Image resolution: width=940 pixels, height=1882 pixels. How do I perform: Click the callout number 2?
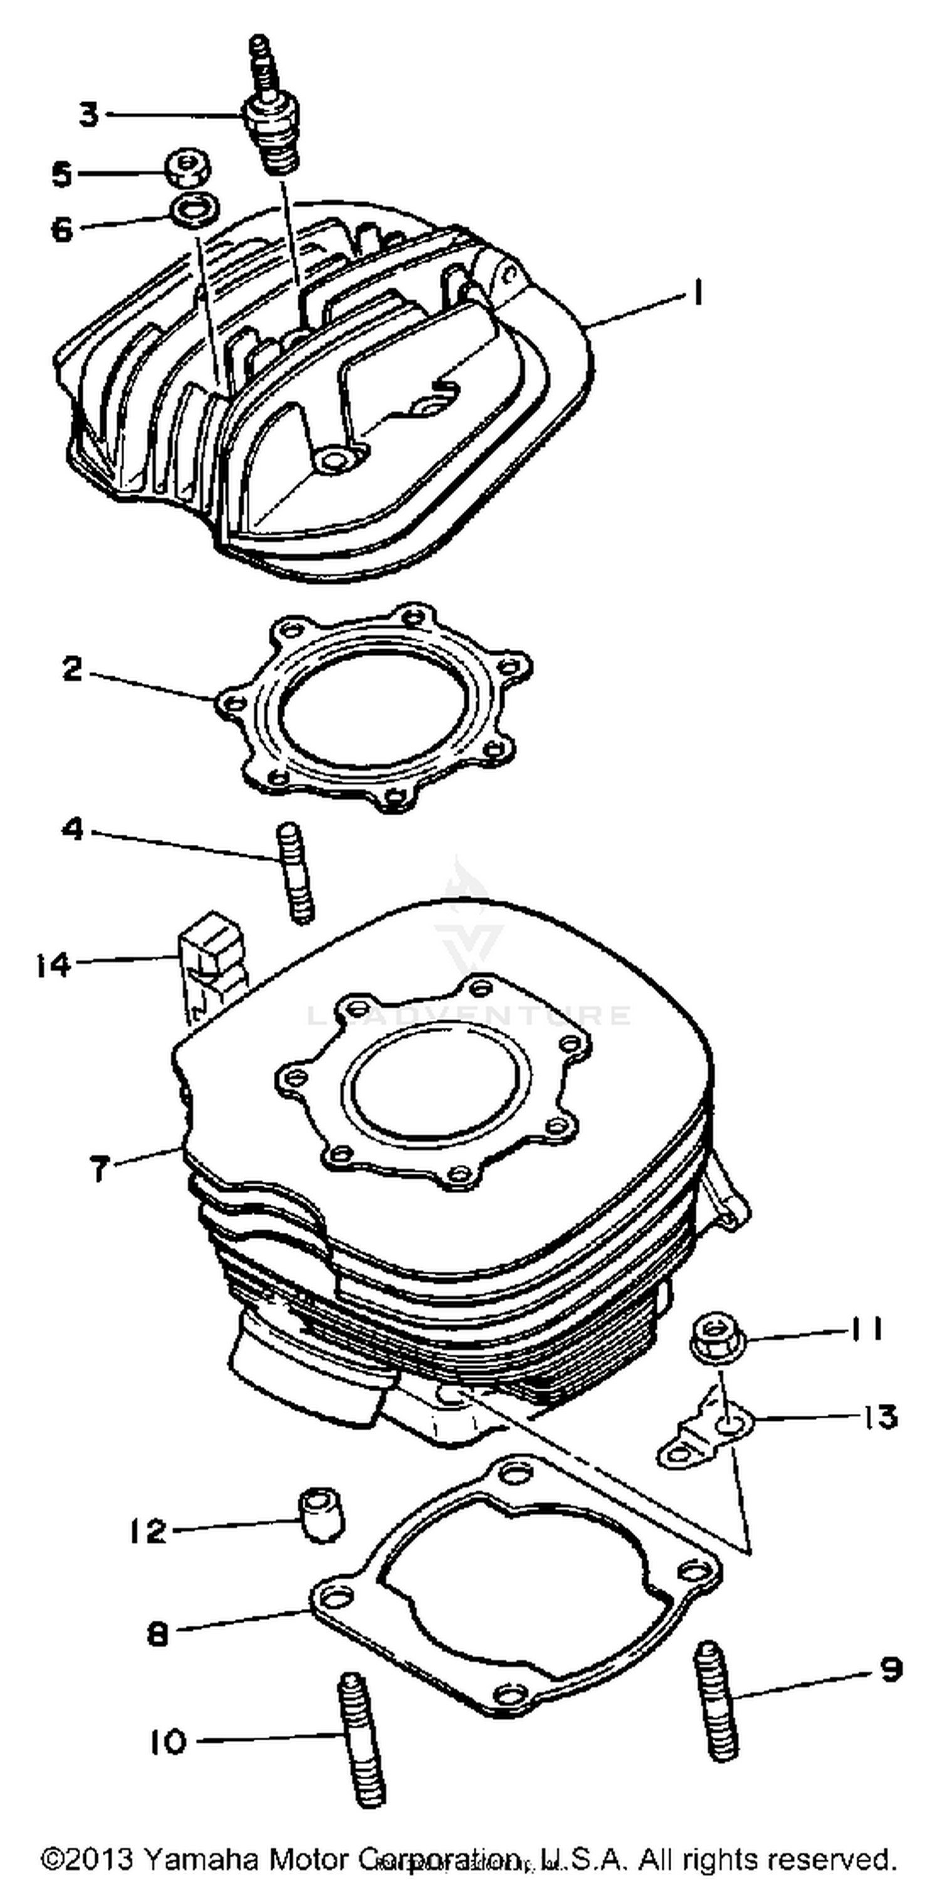point(72,668)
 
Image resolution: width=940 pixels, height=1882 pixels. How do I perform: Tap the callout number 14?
point(54,966)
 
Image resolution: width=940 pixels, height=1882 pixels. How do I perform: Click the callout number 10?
point(169,1742)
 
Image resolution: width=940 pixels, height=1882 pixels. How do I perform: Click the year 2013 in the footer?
point(100,1857)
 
